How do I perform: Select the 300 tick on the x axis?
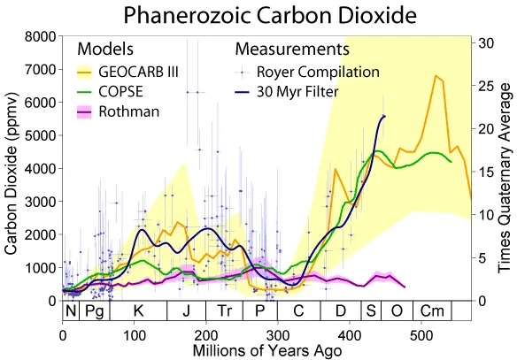(x=277, y=337)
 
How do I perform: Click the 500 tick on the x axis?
(x=421, y=337)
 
